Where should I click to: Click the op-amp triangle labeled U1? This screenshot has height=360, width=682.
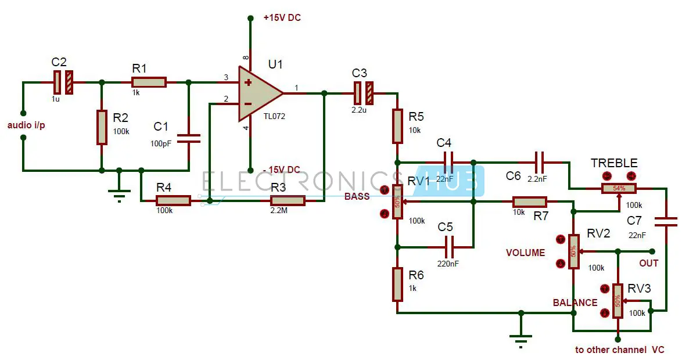(259, 93)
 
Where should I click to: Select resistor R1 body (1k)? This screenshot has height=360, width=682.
(149, 82)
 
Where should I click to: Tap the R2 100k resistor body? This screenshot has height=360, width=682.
(102, 127)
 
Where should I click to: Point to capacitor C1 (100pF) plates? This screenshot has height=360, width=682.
(188, 138)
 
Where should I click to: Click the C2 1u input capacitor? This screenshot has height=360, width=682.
(63, 82)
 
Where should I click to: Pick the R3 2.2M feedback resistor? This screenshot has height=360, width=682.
(288, 201)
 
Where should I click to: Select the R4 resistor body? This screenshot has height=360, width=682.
(173, 201)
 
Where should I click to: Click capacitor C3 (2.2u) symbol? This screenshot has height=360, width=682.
(364, 93)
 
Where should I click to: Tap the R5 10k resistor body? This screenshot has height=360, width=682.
(397, 126)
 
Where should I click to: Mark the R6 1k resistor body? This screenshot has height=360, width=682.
(397, 285)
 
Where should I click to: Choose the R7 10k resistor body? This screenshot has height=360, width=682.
(529, 202)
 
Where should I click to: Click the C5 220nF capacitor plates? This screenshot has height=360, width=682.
(448, 247)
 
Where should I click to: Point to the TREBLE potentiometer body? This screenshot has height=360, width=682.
(619, 188)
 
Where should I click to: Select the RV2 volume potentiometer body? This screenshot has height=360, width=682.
(573, 251)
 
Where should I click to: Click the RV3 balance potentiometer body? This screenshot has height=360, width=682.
(618, 301)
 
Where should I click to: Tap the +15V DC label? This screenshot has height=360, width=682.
(282, 18)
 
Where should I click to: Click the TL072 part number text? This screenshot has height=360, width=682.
(274, 116)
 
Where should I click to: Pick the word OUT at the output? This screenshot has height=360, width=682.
(649, 263)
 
